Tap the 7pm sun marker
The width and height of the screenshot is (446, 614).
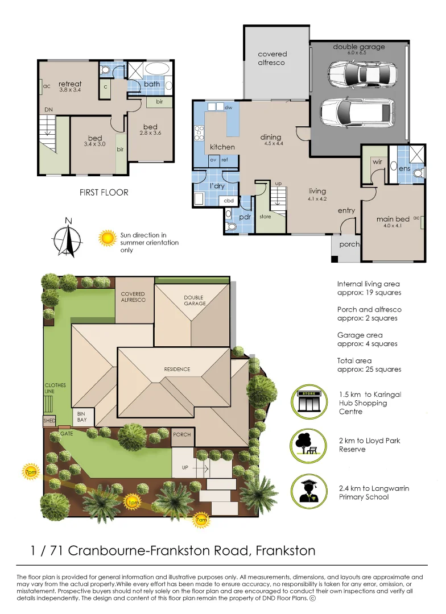pos(30,472)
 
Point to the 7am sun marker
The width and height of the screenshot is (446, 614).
pos(201,520)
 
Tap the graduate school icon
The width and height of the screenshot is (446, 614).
pos(309,492)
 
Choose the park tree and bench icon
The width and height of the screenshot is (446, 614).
pos(309,446)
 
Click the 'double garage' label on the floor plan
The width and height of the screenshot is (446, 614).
pos(358,47)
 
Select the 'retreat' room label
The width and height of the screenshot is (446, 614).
pos(70,84)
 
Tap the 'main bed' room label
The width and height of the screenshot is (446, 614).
pos(393,219)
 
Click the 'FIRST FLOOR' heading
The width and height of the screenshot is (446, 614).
pos(104,192)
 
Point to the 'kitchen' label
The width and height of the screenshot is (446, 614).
pos(222,147)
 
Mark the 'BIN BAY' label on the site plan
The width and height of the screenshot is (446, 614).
pos(82,417)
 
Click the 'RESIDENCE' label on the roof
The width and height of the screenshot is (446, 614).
pos(177,370)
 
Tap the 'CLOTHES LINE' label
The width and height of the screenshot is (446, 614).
pos(55,388)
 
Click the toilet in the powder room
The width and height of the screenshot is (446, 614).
pos(232,226)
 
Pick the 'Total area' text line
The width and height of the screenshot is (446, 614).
pos(354,360)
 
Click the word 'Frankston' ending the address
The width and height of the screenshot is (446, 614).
pos(286,550)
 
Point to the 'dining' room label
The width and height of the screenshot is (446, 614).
pos(270,137)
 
